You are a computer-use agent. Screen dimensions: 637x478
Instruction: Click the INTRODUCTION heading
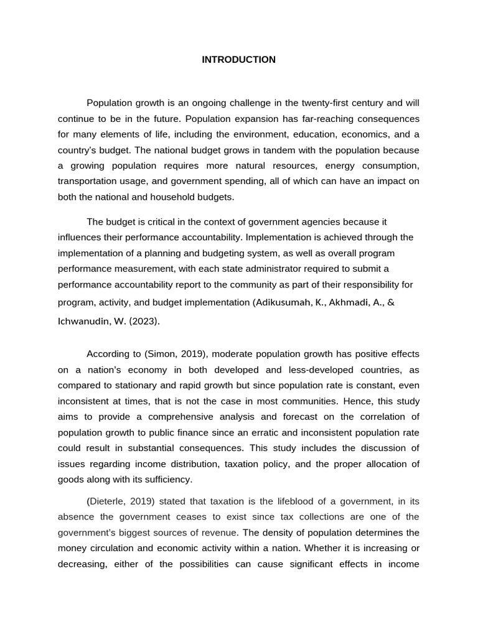(x=238, y=60)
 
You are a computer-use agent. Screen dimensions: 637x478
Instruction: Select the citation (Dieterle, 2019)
(x=120, y=501)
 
